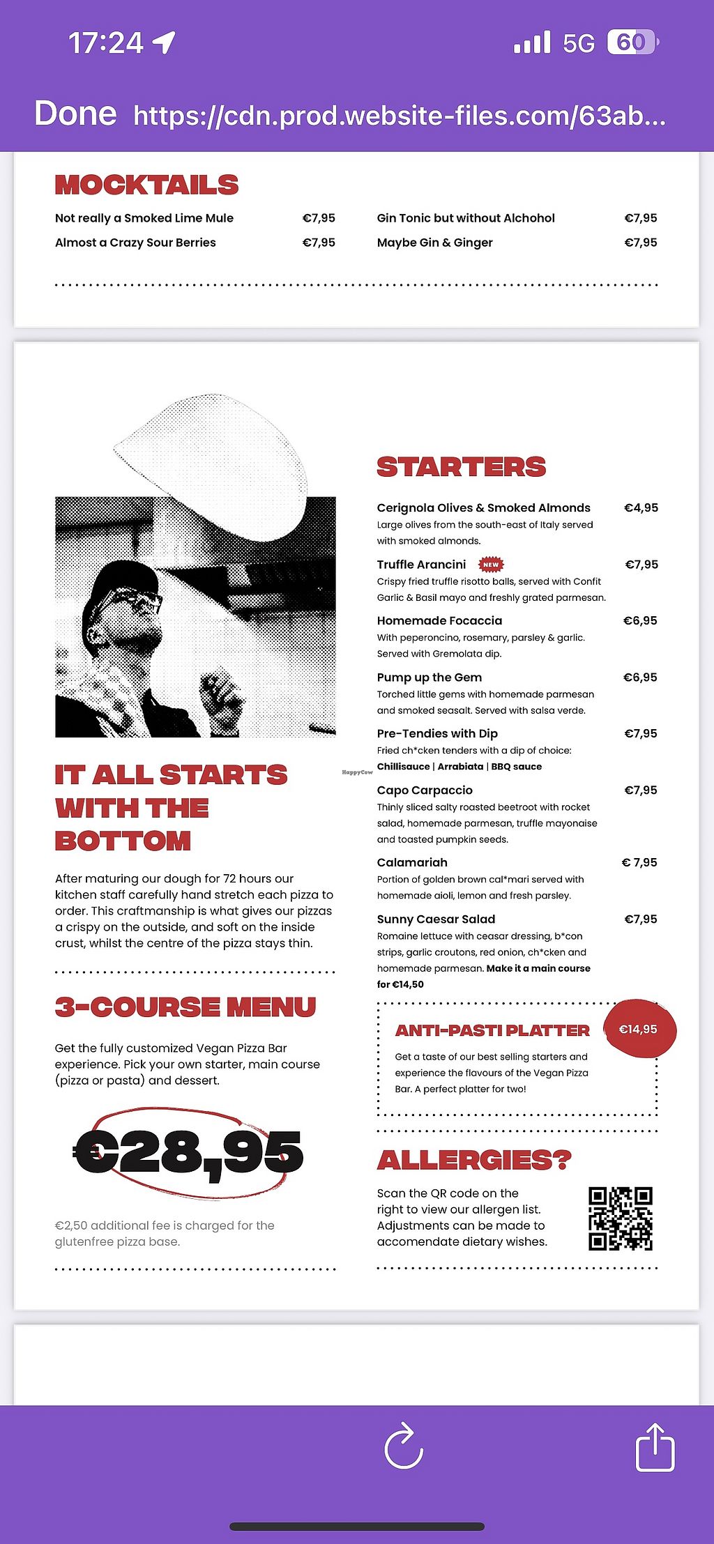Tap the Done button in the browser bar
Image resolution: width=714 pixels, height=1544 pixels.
point(75,114)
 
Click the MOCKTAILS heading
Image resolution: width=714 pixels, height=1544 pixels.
point(146,185)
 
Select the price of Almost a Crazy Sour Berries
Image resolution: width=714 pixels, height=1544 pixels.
point(319,243)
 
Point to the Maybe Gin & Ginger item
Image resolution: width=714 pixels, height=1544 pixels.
point(434,243)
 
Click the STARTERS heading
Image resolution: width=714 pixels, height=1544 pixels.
point(461,467)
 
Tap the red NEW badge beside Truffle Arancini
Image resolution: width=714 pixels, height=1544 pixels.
point(491,565)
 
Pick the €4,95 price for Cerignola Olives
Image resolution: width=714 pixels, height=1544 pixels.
point(641,508)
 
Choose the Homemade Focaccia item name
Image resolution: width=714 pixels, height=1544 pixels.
point(439,621)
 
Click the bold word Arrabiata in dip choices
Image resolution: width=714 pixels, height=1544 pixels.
point(460,767)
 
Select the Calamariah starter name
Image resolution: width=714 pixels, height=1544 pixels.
point(412,863)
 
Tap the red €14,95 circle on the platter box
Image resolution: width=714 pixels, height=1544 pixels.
point(639,1030)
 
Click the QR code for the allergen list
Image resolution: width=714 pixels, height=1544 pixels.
point(620,1218)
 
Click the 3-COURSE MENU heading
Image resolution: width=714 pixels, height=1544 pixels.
point(185,1007)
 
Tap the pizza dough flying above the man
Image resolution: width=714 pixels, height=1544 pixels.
point(216,460)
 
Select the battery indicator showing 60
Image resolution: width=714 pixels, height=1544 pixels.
point(632,43)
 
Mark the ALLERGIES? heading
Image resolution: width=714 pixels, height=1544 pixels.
point(474,1161)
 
